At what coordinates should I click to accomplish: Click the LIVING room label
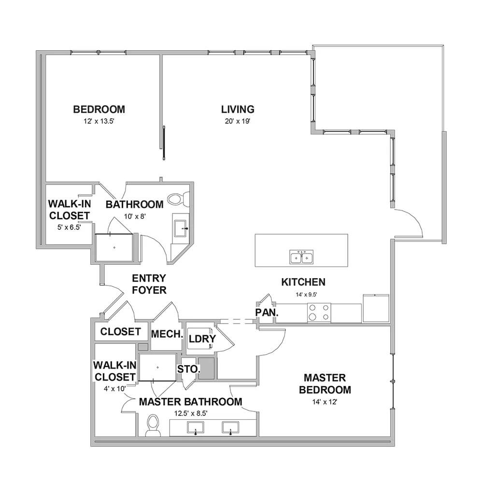(238, 109)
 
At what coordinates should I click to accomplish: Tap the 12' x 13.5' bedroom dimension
(99, 121)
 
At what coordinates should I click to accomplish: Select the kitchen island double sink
(301, 257)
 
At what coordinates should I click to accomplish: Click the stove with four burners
(319, 313)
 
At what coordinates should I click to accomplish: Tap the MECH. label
(167, 334)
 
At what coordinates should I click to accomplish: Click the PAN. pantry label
(267, 313)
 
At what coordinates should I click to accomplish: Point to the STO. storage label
(189, 369)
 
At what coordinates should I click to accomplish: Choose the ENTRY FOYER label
(149, 284)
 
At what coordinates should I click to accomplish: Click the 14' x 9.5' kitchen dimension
(306, 295)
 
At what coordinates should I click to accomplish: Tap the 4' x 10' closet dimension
(114, 389)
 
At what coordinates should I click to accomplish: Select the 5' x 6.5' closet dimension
(69, 227)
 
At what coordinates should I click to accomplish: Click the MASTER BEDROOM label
(325, 384)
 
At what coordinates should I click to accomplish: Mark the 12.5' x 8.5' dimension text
(191, 413)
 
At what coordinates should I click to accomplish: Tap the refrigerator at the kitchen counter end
(376, 308)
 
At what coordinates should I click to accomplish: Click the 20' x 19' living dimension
(238, 121)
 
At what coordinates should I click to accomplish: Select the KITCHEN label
(303, 282)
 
